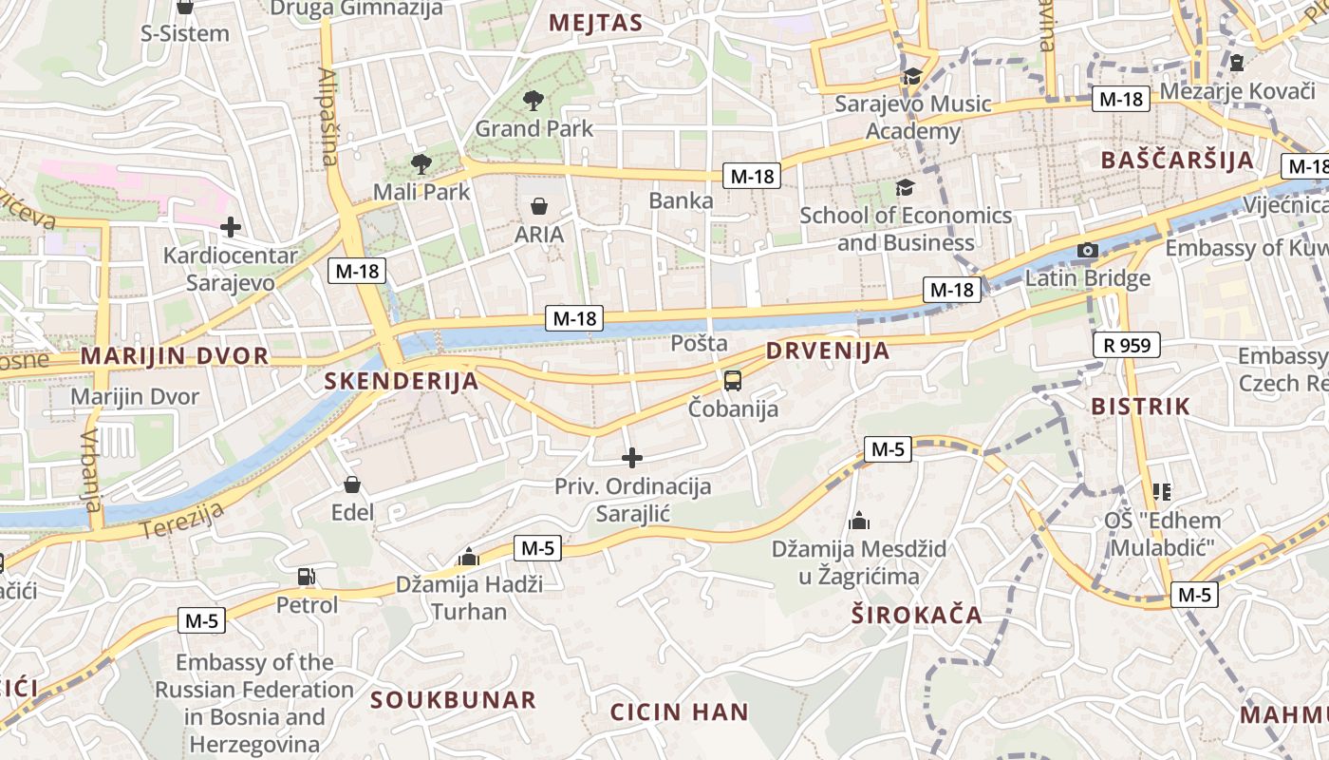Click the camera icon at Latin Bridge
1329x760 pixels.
click(x=1088, y=251)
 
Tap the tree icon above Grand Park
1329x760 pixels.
click(x=533, y=100)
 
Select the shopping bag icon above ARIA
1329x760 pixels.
click(x=538, y=206)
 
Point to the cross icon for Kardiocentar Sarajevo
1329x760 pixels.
click(x=230, y=227)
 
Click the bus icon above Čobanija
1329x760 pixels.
click(x=733, y=381)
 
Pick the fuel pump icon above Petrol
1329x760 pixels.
click(x=306, y=576)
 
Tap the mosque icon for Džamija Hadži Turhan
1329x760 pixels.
click(x=467, y=556)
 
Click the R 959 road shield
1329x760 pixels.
click(x=1127, y=345)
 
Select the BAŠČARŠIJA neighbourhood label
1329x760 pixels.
click(x=1177, y=160)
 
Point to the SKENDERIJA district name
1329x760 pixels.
click(x=402, y=382)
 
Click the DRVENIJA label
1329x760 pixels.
click(x=828, y=351)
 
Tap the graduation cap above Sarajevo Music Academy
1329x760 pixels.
click(x=912, y=76)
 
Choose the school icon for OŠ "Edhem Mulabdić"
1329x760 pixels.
click(x=1162, y=491)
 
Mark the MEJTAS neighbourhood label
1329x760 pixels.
click(x=596, y=23)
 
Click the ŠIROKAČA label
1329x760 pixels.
click(x=916, y=615)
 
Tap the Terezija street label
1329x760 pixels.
click(x=182, y=521)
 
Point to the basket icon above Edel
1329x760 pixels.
click(x=352, y=485)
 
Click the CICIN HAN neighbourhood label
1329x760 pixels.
click(x=679, y=712)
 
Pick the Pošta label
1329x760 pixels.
click(x=699, y=343)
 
